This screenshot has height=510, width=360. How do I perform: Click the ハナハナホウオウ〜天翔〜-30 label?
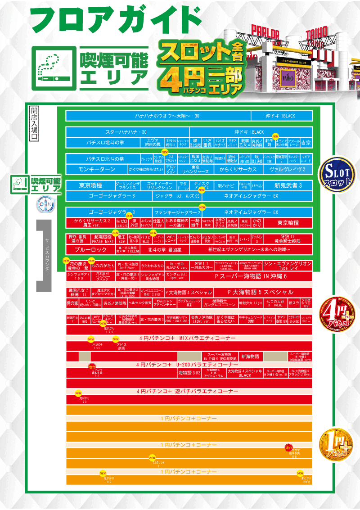point(167,116)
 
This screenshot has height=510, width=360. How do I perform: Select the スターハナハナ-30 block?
point(126,132)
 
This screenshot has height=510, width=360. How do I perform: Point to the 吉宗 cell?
point(306,143)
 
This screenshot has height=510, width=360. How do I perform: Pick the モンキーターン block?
point(96,169)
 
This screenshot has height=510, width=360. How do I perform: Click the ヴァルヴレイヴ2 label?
point(287,169)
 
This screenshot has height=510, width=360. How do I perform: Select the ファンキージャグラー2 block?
point(177,212)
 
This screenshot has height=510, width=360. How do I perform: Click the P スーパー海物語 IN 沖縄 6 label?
point(251,276)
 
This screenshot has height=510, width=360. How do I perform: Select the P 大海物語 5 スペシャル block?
point(261,292)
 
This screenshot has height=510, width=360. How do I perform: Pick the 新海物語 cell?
point(250,357)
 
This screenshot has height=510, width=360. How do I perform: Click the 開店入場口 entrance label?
point(34,124)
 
